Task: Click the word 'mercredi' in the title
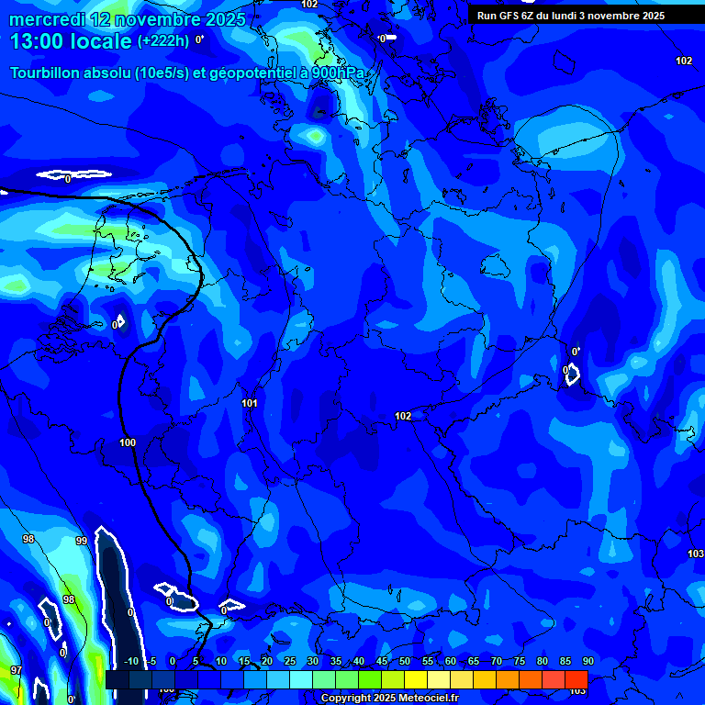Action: point(47,19)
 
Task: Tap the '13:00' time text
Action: point(36,41)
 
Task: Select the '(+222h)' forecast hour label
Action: point(163,41)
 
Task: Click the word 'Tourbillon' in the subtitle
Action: point(50,73)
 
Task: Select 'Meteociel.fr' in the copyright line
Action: point(425,699)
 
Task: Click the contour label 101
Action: point(249,403)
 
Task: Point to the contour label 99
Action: point(82,541)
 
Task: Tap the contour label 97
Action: point(16,671)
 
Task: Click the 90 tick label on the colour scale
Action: point(588,662)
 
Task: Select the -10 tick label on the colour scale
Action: point(131,662)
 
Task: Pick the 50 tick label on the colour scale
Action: point(405,662)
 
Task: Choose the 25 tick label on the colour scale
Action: point(290,662)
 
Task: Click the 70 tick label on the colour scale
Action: point(497,662)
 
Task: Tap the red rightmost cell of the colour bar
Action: point(576,679)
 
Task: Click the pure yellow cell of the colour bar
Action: point(416,679)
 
